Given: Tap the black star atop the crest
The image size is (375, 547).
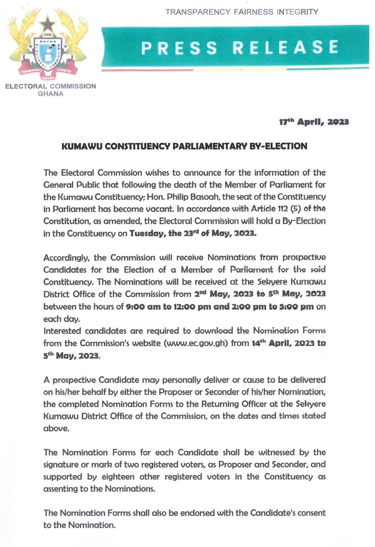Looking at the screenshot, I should [x=48, y=24].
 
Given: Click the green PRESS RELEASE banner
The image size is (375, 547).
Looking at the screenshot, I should [x=235, y=47].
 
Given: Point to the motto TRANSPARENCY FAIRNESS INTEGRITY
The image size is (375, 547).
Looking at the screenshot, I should [x=241, y=12].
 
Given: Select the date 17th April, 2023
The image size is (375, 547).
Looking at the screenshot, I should [x=311, y=122].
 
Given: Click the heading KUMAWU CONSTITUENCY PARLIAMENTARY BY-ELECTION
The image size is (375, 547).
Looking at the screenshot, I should [x=185, y=146].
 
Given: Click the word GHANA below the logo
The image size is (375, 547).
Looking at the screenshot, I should [x=51, y=94].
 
